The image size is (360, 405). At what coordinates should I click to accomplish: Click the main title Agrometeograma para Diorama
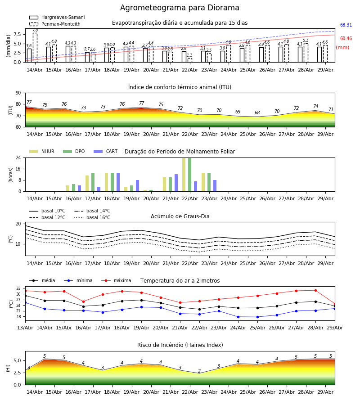coord(180,8)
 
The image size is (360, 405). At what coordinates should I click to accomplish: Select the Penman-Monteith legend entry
coord(55,24)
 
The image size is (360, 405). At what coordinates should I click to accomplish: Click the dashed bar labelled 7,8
coord(35,48)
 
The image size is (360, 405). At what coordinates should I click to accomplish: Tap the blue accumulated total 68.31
coord(346,25)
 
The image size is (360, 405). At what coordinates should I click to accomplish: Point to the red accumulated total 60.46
coord(346,39)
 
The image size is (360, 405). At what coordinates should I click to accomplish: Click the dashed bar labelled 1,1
coord(190,60)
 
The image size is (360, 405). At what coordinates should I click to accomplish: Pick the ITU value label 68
coord(257,112)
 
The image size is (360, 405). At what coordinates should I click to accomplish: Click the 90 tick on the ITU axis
coord(18,93)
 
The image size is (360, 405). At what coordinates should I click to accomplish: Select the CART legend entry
coord(106,151)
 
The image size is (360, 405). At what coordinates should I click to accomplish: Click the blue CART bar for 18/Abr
coord(118,182)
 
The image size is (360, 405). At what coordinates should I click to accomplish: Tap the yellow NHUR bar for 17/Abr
coord(87,184)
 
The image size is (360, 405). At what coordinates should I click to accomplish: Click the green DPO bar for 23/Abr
coord(209,182)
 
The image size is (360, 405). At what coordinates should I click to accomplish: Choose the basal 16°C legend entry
coord(92,217)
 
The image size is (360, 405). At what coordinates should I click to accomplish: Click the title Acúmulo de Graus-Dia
coord(180,216)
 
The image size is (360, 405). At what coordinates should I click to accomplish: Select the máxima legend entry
coord(116,280)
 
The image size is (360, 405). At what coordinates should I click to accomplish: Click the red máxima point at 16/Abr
coord(83,301)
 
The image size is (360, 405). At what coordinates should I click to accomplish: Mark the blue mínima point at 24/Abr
coord(238,317)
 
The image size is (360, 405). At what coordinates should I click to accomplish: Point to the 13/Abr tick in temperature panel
coord(25,328)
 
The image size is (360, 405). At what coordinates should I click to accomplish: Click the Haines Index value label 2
coord(199,371)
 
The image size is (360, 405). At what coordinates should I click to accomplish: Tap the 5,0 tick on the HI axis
coord(17,360)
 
